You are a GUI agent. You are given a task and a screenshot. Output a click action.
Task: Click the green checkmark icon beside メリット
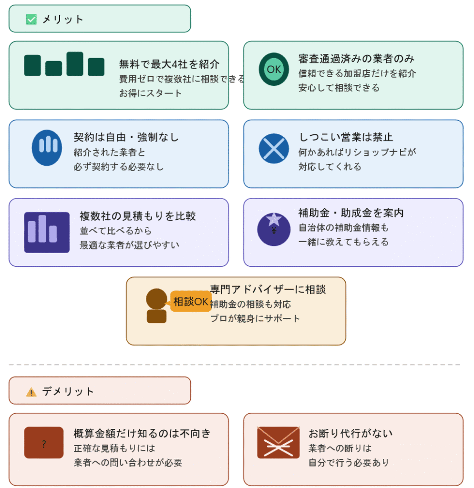(31, 19)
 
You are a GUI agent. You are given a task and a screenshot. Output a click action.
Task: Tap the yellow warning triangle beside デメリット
(31, 392)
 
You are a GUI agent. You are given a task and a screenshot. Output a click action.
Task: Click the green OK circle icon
(274, 69)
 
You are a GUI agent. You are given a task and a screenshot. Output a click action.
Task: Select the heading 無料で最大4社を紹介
(169, 64)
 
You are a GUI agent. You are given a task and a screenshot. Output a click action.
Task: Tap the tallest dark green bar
(75, 64)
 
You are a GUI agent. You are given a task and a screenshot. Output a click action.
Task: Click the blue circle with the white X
(274, 149)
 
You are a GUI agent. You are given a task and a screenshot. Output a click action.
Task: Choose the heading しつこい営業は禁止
(346, 137)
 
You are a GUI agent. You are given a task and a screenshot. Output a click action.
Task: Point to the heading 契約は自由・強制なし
(126, 137)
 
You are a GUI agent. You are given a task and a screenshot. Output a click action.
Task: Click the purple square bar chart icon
(47, 232)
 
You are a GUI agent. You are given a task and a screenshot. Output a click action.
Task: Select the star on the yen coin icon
(274, 219)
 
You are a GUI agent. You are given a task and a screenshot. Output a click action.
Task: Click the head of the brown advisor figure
(156, 299)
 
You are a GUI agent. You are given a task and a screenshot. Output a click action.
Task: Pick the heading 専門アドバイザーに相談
(268, 289)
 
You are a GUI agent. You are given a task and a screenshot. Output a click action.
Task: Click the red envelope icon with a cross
(278, 442)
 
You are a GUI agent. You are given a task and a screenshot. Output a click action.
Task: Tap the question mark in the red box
(43, 444)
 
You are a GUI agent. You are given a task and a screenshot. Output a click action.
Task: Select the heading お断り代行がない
(350, 433)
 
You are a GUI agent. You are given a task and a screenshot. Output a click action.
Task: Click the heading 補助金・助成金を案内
(351, 213)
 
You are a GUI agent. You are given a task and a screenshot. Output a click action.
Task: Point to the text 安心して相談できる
(339, 88)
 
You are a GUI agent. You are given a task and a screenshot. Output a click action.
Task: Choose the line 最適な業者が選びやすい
(130, 245)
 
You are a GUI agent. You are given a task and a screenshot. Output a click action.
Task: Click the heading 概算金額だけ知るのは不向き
(142, 433)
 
